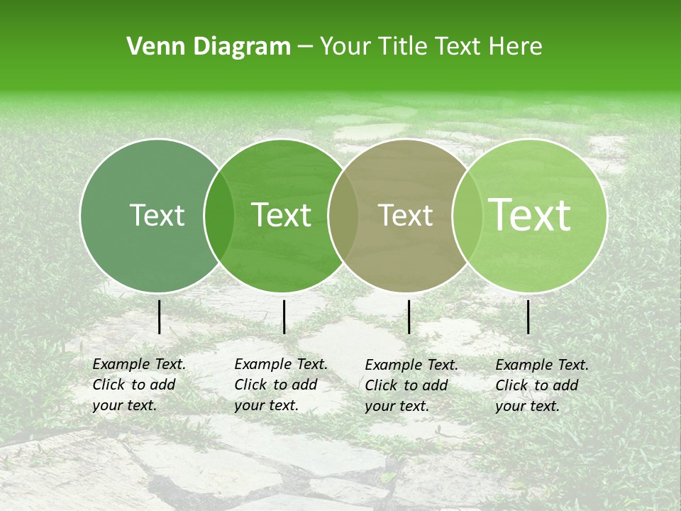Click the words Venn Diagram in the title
point(209,47)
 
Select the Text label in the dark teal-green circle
point(157,215)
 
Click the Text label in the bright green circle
point(282,215)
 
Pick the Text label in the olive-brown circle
point(405,215)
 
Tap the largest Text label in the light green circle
point(530,215)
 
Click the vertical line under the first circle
point(159,317)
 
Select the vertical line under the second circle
point(284,317)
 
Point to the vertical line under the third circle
point(409,317)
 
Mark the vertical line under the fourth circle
point(528,317)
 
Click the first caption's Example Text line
point(139,364)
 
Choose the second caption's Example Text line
point(281,364)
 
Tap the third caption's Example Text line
point(411,365)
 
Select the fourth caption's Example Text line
point(542,365)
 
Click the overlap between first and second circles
point(219,215)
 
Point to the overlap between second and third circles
point(343,215)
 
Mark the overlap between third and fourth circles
point(465,215)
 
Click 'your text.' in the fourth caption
point(527,407)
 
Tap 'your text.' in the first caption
point(124,406)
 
